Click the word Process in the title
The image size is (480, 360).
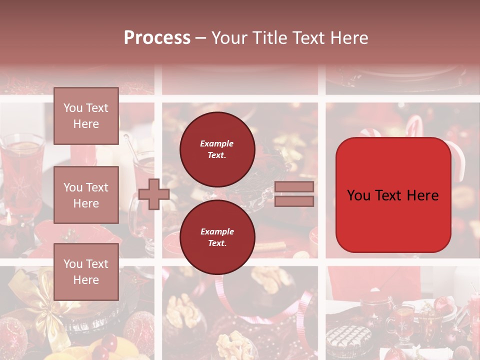point(157,38)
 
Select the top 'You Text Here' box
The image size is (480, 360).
point(86,116)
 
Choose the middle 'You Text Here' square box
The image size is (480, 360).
point(86,195)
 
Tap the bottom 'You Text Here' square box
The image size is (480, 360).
point(86,271)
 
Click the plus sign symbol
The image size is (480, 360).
point(154,194)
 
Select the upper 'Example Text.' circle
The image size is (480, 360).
point(217,149)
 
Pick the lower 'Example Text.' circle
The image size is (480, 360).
point(217,237)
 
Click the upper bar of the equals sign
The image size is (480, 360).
point(294,187)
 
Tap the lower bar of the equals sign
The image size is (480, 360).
point(294,201)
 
